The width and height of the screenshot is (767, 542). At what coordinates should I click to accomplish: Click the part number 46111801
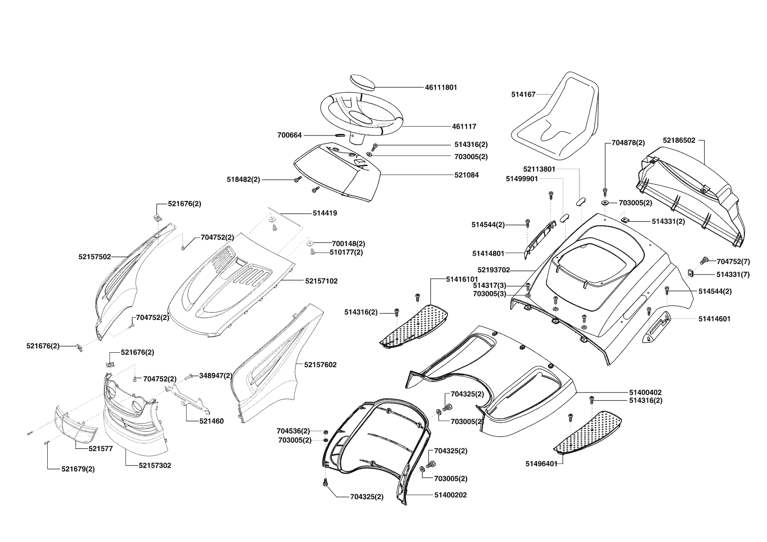pyautogui.click(x=441, y=87)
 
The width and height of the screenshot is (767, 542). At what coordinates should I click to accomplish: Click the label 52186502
pyautogui.click(x=679, y=141)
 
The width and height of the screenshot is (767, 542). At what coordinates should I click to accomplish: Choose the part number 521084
pyautogui.click(x=466, y=175)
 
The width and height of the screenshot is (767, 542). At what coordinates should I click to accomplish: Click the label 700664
pyautogui.click(x=289, y=135)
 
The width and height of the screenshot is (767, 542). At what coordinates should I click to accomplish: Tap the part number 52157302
pyautogui.click(x=155, y=466)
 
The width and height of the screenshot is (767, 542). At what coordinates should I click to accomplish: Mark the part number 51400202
pyautogui.click(x=450, y=495)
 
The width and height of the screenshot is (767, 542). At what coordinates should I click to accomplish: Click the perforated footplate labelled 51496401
pyautogui.click(x=590, y=433)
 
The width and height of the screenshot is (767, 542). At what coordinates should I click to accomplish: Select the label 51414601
pyautogui.click(x=714, y=319)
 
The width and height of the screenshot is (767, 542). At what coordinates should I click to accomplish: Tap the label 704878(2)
pyautogui.click(x=628, y=142)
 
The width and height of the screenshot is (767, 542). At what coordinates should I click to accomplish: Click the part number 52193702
pyautogui.click(x=493, y=270)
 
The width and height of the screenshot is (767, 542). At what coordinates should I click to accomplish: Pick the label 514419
pyautogui.click(x=325, y=213)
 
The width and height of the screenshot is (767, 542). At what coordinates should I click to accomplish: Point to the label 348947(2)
pyautogui.click(x=216, y=375)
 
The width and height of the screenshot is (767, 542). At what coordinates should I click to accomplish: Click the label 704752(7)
pyautogui.click(x=733, y=262)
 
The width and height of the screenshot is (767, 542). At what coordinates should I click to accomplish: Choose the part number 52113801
pyautogui.click(x=539, y=169)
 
